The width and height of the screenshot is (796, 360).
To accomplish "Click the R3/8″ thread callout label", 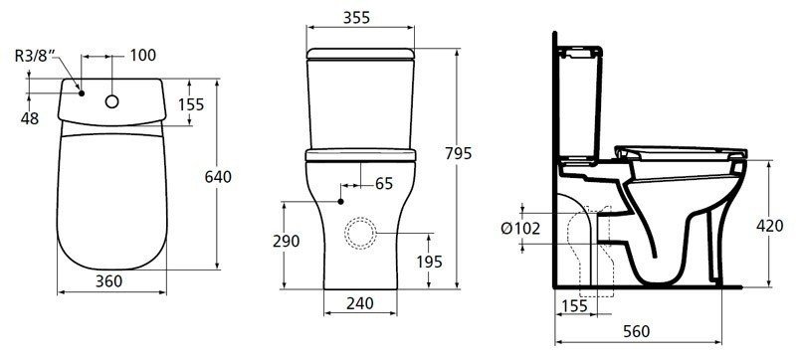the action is point(34,56).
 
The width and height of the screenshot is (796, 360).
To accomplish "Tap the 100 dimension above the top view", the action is point(142,56).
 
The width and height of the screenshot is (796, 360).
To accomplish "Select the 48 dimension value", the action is point(30,118).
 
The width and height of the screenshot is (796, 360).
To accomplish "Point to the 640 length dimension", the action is point(218,177).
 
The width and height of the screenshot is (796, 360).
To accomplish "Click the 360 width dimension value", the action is point(109,280).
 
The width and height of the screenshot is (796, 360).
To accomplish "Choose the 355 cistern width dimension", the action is point(356,18).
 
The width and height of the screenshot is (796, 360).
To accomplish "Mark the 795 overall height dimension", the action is point(459,153).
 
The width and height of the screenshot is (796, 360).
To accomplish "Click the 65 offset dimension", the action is point(384,184).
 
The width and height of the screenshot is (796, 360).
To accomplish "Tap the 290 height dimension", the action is point(287,242).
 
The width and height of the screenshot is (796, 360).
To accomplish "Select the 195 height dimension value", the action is point(430,262).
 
